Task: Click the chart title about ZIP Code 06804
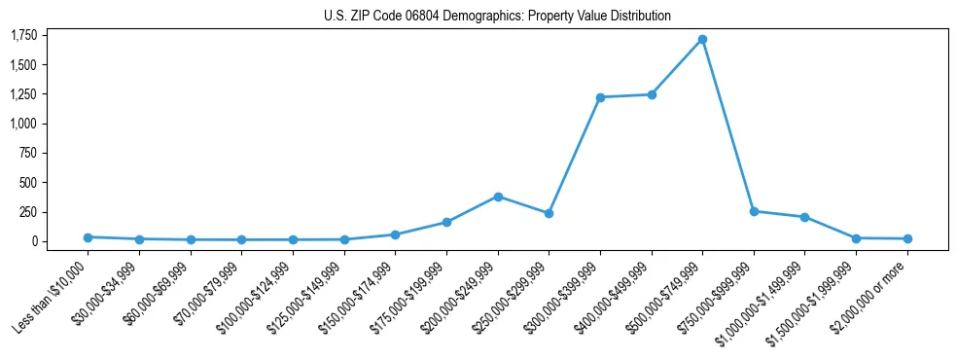pos(497,17)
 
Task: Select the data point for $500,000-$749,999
pos(702,40)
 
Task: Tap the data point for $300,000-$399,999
pos(600,97)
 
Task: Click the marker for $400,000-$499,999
pos(652,94)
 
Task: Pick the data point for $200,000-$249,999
pos(498,197)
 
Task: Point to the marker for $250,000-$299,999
pos(549,213)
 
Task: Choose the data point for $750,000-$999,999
pos(754,211)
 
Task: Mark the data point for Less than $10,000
pos(89,237)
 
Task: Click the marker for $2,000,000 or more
pos(907,238)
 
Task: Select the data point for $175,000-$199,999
pos(446,222)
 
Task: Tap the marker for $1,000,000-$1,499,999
pos(804,217)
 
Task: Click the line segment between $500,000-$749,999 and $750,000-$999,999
pos(728,126)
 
